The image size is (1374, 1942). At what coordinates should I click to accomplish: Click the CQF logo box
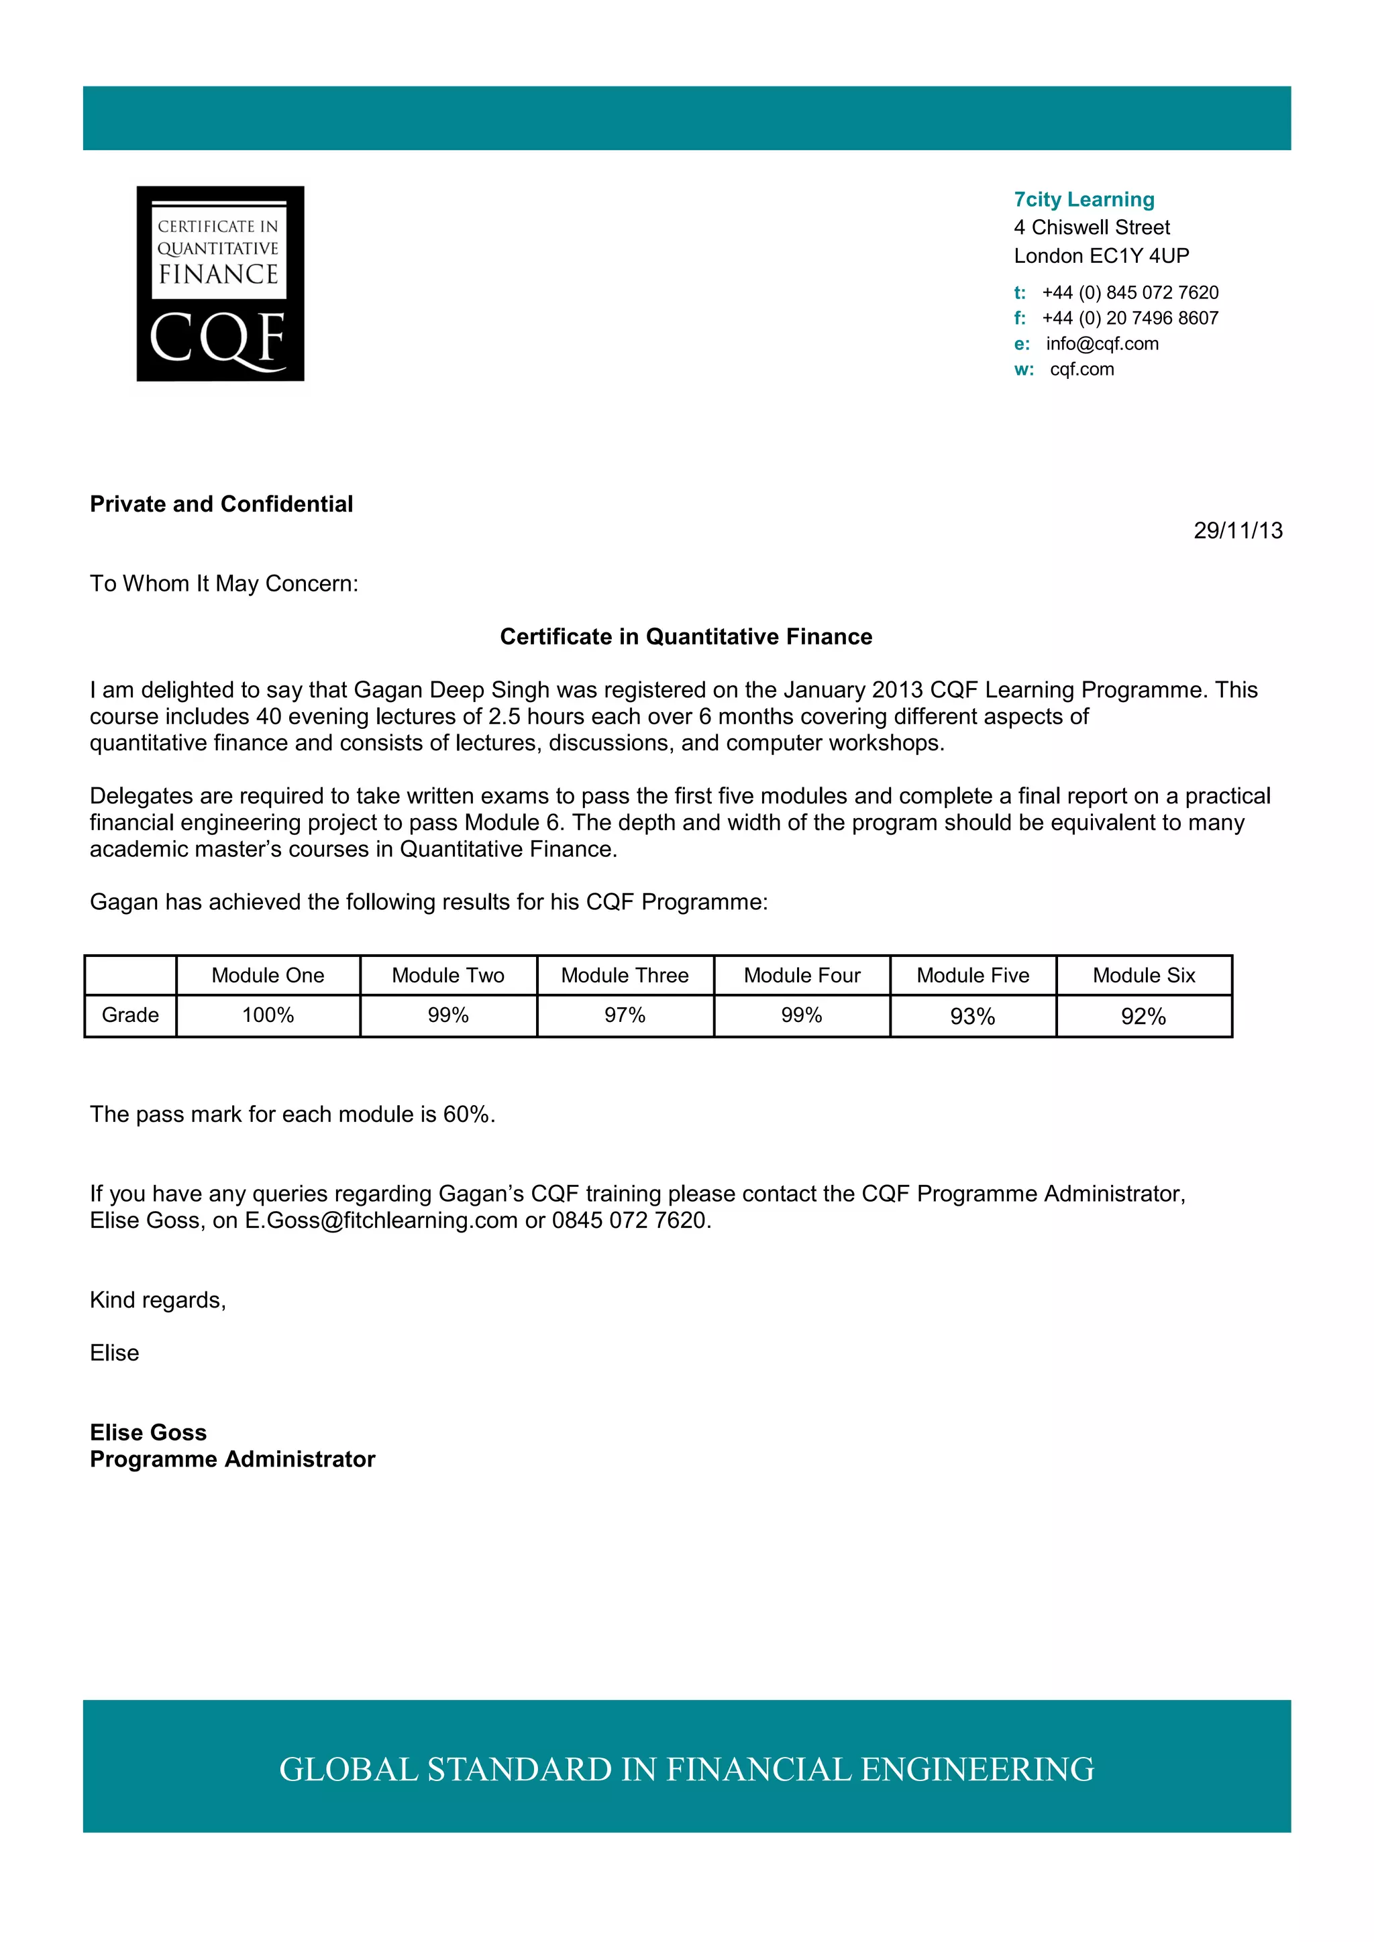click(220, 284)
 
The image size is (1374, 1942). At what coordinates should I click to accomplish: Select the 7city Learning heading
click(1084, 200)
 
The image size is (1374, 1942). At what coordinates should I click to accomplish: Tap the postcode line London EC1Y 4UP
click(1101, 255)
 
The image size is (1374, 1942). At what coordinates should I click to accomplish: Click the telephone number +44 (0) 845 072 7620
click(1130, 292)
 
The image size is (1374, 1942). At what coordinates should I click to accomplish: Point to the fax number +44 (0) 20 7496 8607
click(1130, 318)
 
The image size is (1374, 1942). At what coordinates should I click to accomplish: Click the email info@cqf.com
click(1102, 343)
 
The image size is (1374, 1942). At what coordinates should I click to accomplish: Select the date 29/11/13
click(1237, 530)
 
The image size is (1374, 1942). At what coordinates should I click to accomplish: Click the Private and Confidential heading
click(221, 504)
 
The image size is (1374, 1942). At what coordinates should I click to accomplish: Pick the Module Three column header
click(625, 975)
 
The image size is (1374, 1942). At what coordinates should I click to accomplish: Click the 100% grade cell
click(268, 1015)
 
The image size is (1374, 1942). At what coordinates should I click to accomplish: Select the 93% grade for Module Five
click(972, 1016)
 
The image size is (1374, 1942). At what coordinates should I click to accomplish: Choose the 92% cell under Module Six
click(1143, 1016)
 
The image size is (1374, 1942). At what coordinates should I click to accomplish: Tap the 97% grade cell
click(625, 1015)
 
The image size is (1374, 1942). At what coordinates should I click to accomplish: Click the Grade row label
click(130, 1015)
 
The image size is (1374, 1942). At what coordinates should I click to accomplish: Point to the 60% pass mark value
click(466, 1114)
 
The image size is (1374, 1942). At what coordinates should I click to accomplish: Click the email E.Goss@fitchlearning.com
click(380, 1220)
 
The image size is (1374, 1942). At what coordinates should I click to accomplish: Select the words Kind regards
click(158, 1300)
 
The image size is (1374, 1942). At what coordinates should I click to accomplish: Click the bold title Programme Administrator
click(233, 1459)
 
